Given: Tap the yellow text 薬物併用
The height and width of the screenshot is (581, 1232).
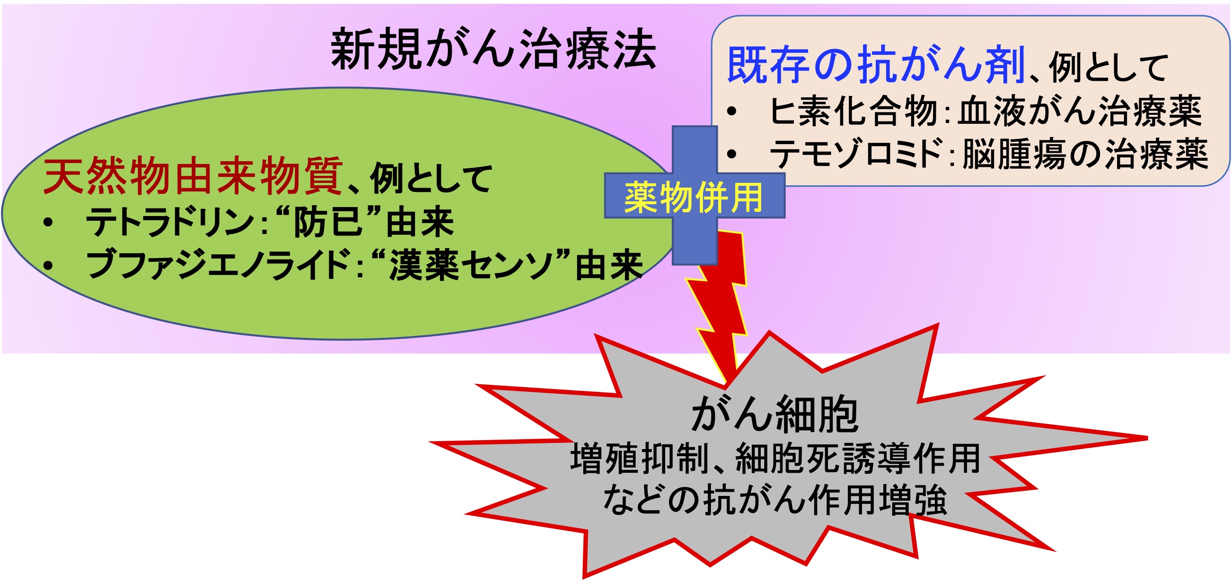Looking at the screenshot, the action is [694, 197].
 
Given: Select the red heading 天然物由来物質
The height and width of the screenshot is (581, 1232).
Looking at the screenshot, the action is [193, 175].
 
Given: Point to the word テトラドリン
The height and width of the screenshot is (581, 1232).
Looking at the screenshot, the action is [169, 222].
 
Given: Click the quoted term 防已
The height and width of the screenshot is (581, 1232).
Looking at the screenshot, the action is [327, 222].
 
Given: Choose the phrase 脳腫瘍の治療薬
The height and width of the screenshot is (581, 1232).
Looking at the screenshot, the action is [1085, 154].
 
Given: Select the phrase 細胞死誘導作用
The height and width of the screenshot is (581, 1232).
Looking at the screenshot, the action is [858, 458].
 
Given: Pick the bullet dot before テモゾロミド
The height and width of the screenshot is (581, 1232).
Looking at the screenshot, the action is [731, 154].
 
